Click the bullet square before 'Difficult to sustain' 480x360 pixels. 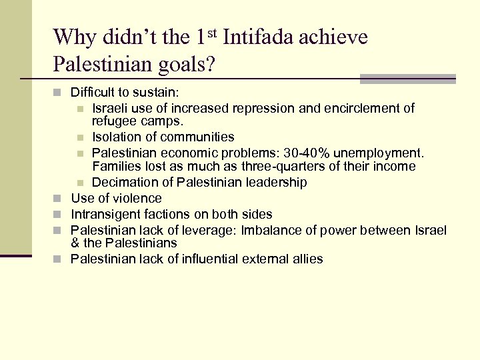(59, 91)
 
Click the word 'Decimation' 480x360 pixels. (122, 182)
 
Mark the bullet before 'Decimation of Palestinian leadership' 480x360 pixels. (80, 183)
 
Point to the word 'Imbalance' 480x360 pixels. (272, 231)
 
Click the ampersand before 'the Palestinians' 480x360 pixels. (75, 243)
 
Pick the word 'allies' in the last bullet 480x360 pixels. (306, 259)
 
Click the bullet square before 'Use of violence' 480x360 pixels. (59, 199)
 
